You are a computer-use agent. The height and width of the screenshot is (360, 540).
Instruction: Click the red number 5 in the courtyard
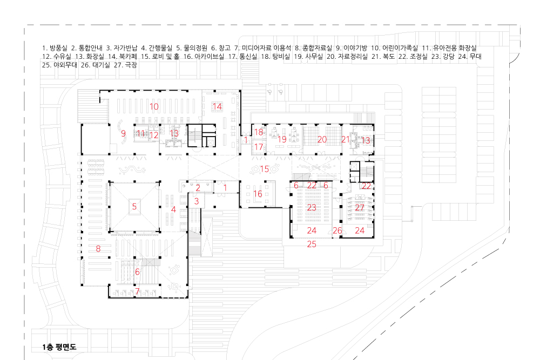pyautogui.click(x=134, y=206)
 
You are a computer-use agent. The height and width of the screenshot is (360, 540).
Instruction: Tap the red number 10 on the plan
pyautogui.click(x=154, y=106)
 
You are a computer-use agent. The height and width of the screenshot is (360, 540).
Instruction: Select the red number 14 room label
pyautogui.click(x=217, y=106)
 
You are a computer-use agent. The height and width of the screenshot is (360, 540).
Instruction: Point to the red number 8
pyautogui.click(x=98, y=249)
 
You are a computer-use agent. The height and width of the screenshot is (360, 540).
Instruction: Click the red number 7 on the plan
pyautogui.click(x=137, y=291)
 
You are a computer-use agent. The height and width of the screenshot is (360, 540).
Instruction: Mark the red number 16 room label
pyautogui.click(x=258, y=194)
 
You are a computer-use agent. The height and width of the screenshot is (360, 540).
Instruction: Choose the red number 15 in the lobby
pyautogui.click(x=264, y=169)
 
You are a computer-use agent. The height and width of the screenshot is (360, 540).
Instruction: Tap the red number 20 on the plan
pyautogui.click(x=322, y=139)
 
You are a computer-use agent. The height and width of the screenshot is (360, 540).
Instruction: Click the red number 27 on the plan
pyautogui.click(x=360, y=207)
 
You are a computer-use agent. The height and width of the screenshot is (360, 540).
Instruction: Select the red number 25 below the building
pyautogui.click(x=312, y=244)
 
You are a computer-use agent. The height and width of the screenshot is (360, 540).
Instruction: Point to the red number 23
pyautogui.click(x=312, y=207)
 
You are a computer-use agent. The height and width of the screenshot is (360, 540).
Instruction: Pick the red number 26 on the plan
pyautogui.click(x=337, y=230)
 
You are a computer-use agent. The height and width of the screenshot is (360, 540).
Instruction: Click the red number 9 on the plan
pyautogui.click(x=123, y=133)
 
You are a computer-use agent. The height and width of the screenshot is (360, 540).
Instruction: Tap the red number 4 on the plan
pyautogui.click(x=173, y=209)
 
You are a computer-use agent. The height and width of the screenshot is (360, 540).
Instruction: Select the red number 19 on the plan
pyautogui.click(x=282, y=139)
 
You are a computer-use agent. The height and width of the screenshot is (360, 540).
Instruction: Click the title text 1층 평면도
pyautogui.click(x=59, y=347)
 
